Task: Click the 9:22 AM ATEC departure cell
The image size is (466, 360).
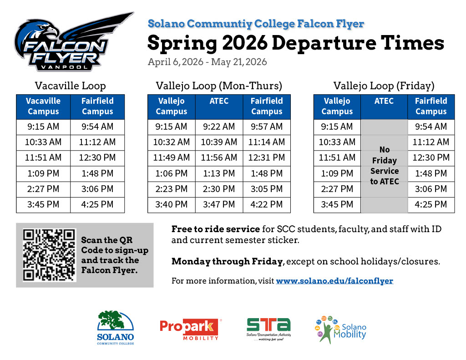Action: pyautogui.click(x=219, y=127)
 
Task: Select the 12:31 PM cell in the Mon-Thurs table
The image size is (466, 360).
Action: pyautogui.click(x=267, y=157)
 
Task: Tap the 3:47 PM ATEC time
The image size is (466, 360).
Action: pyautogui.click(x=219, y=204)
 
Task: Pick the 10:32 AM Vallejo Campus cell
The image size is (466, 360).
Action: pyautogui.click(x=171, y=142)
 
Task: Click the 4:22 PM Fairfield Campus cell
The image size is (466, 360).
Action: pyautogui.click(x=267, y=204)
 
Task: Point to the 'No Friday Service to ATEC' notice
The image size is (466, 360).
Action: pyautogui.click(x=384, y=166)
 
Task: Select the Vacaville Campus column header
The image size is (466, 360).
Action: pyautogui.click(x=43, y=106)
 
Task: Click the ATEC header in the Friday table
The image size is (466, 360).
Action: pyautogui.click(x=384, y=101)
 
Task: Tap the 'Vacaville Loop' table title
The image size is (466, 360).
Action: pyautogui.click(x=70, y=86)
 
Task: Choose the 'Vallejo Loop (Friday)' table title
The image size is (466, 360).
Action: pyautogui.click(x=384, y=86)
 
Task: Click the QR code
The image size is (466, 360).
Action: pyautogui.click(x=49, y=255)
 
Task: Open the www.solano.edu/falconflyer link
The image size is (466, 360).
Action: pyautogui.click(x=334, y=281)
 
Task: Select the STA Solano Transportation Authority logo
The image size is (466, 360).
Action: pyautogui.click(x=268, y=329)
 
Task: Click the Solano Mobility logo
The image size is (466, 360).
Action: pyautogui.click(x=340, y=330)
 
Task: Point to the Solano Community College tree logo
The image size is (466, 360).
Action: pyautogui.click(x=115, y=328)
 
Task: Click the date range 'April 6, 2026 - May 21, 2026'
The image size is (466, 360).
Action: pyautogui.click(x=207, y=62)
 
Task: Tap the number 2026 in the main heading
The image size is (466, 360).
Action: pyautogui.click(x=244, y=43)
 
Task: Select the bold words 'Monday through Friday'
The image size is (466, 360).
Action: pyautogui.click(x=227, y=262)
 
